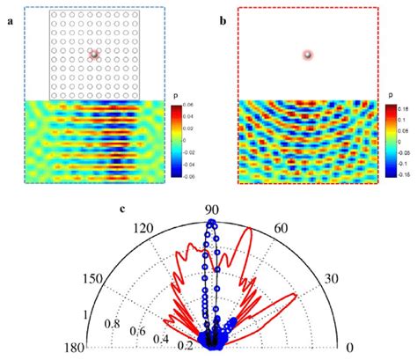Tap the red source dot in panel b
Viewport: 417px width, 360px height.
click(307, 55)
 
